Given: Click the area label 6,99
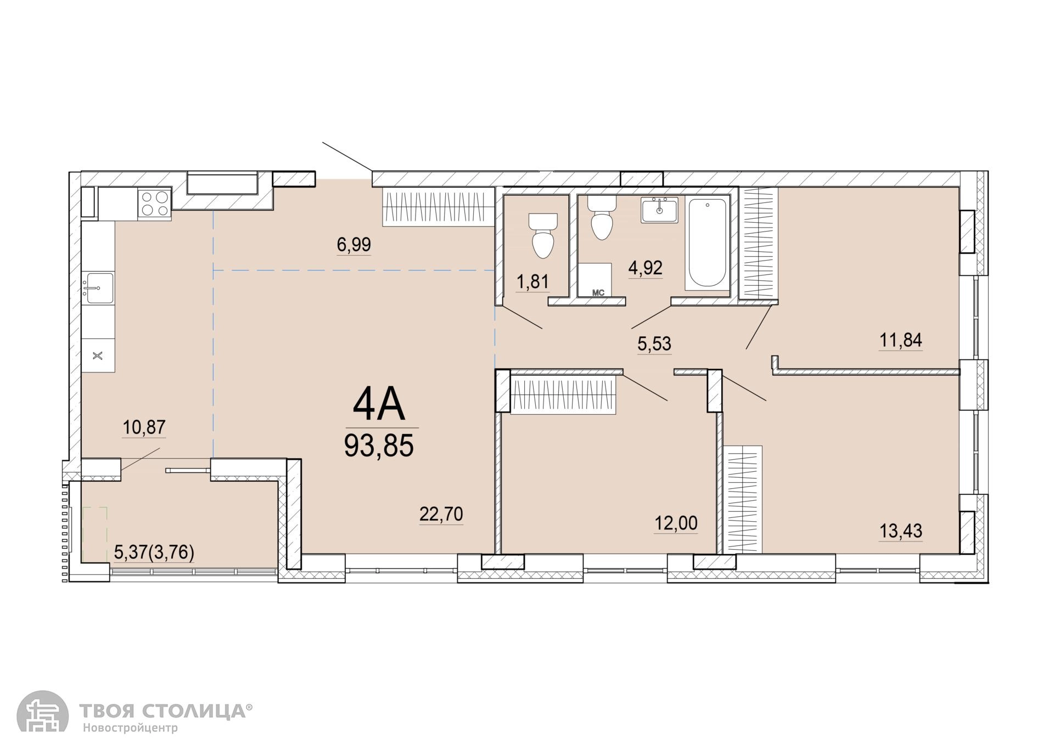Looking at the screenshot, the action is point(354,244).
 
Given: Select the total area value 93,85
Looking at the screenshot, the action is point(379,445).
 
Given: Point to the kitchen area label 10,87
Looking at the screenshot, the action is point(144,427).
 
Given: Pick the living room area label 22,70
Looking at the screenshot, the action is point(441,514).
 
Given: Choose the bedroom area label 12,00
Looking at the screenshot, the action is point(676,523).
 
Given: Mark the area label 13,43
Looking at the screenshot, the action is point(901,531).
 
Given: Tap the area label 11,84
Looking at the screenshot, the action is point(901,340).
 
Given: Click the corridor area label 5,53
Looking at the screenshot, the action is point(654,344).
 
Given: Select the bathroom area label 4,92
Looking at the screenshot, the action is point(646,268).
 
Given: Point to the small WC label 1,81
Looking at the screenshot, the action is point(532,281).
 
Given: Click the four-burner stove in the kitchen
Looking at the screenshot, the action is point(155,204).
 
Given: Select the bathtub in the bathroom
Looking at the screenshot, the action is point(708,244).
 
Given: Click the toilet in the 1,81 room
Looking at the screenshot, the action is point(543,236).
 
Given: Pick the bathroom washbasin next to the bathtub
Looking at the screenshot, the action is point(659,210).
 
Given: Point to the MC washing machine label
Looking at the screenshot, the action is point(598,293).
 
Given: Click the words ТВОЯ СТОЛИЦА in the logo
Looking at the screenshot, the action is point(163,711).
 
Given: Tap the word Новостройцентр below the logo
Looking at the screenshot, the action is point(131,729).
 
